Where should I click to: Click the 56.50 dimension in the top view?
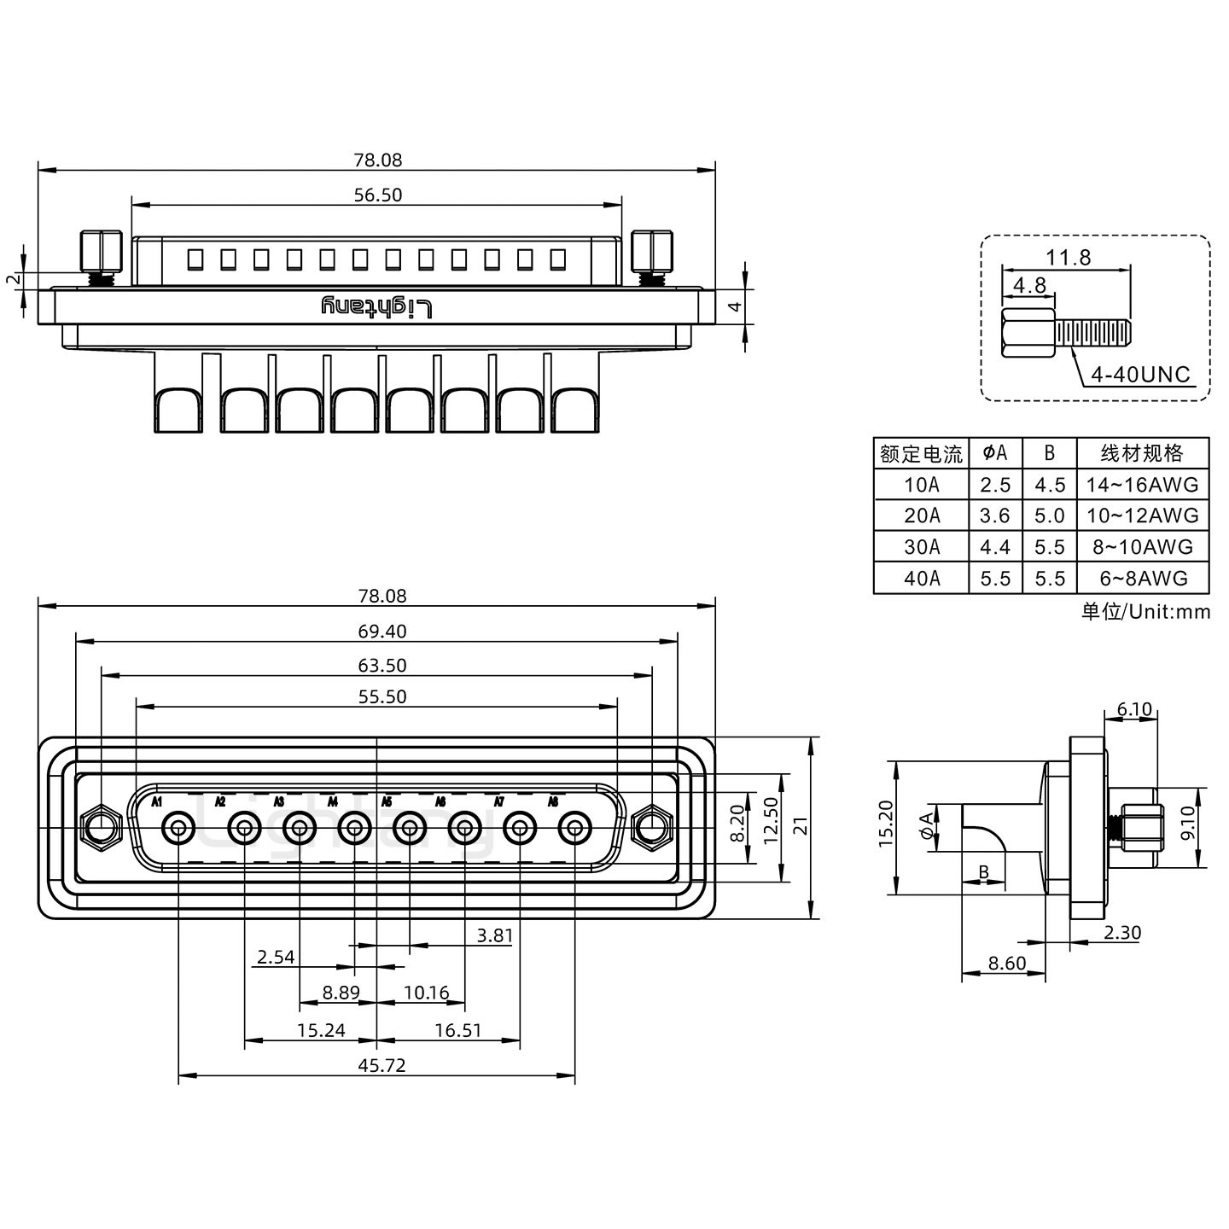pyautogui.click(x=377, y=195)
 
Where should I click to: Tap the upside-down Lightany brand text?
pyautogui.click(x=376, y=307)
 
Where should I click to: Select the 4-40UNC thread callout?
pyautogui.click(x=1139, y=375)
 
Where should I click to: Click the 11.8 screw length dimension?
pyautogui.click(x=1069, y=257)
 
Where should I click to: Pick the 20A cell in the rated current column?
pyautogui.click(x=921, y=515)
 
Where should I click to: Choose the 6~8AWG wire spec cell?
pyautogui.click(x=1143, y=578)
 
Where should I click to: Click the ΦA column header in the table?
pyautogui.click(x=995, y=452)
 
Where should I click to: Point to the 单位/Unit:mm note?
pyautogui.click(x=1145, y=611)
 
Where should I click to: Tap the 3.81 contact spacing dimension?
pyautogui.click(x=494, y=935)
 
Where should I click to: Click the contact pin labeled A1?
pyautogui.click(x=178, y=828)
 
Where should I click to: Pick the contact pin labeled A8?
pyautogui.click(x=574, y=828)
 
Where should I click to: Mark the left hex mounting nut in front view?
pyautogui.click(x=101, y=828)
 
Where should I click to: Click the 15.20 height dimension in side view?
pyautogui.click(x=885, y=824)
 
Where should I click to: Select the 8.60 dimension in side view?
pyautogui.click(x=1006, y=964)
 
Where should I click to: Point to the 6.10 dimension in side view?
pyautogui.click(x=1134, y=709)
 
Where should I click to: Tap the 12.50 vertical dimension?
pyautogui.click(x=770, y=820)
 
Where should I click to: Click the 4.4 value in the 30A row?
pyautogui.click(x=995, y=547)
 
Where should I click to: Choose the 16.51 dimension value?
pyautogui.click(x=457, y=1030)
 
